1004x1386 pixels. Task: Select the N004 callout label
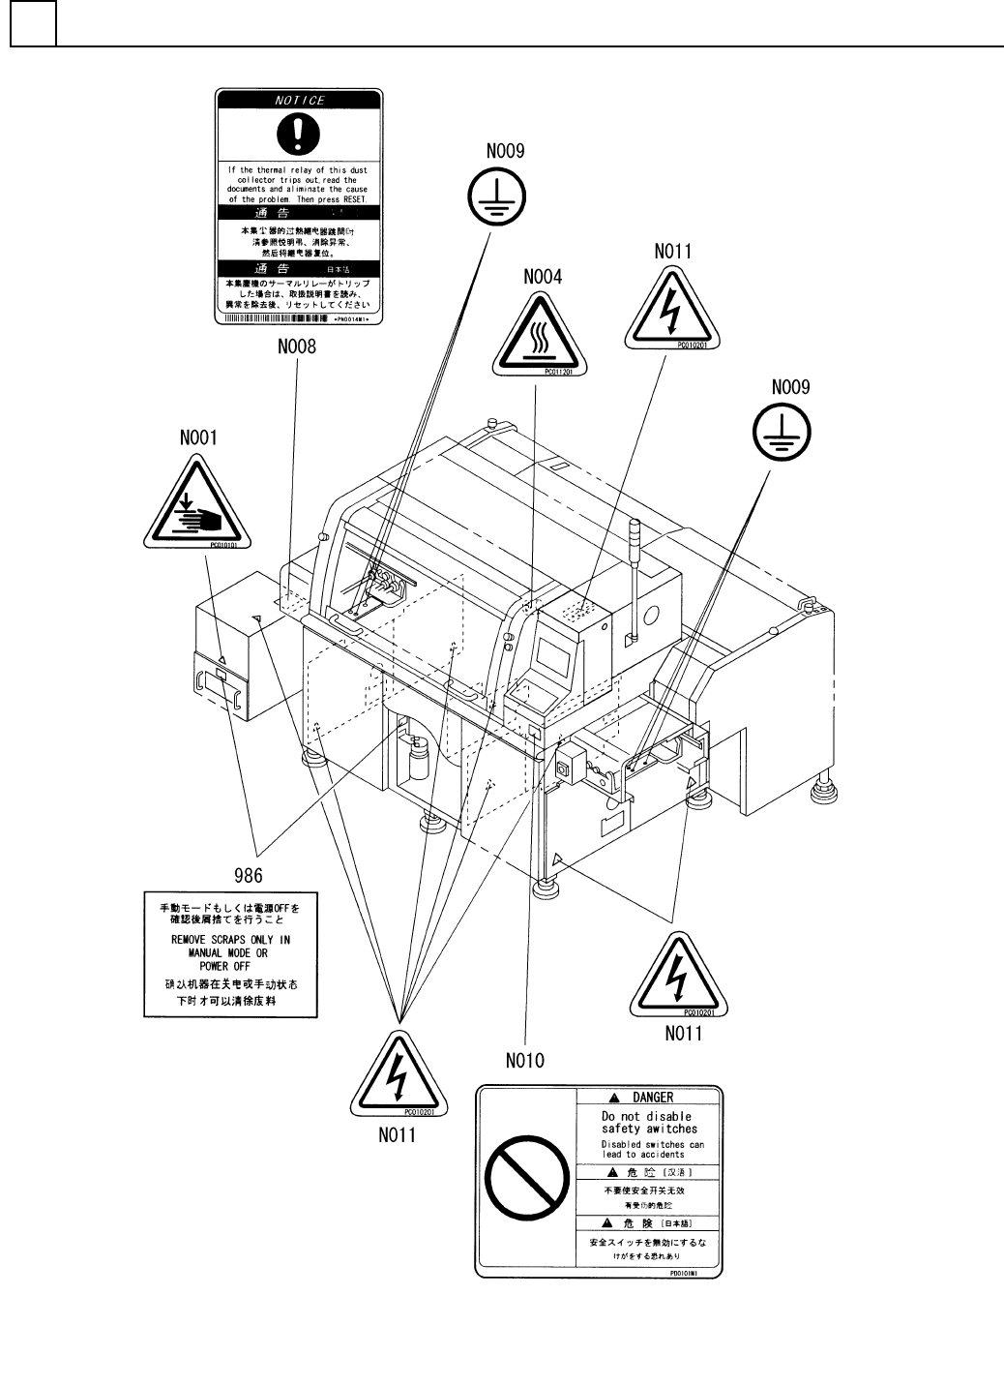click(x=543, y=276)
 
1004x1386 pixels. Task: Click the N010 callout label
click(x=525, y=1060)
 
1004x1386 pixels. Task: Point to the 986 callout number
click(x=249, y=876)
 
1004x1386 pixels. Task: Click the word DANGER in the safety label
click(x=653, y=1098)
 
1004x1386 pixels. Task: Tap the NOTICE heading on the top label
click(x=300, y=101)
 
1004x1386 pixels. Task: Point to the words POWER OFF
click(x=224, y=966)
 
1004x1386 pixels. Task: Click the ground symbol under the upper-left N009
click(x=494, y=196)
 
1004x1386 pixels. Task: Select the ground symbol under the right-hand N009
click(x=783, y=432)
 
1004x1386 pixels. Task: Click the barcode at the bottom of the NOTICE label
click(x=276, y=317)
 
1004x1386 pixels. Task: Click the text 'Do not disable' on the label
click(x=647, y=1116)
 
